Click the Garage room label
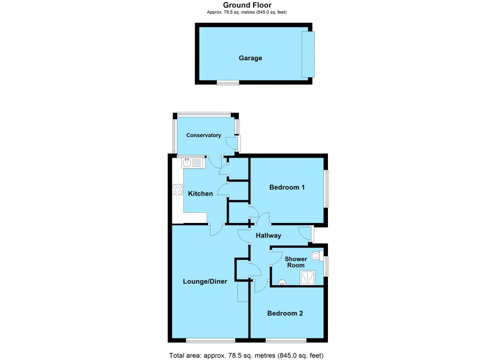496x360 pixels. tap(250, 58)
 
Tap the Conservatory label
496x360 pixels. tap(203, 136)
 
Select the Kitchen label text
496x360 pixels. tap(200, 194)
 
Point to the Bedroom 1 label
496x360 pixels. tap(286, 188)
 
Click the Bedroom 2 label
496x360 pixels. tap(285, 313)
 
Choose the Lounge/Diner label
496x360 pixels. tap(205, 282)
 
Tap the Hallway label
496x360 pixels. tap(268, 236)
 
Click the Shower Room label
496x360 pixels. tap(296, 262)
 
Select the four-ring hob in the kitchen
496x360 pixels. tap(177, 190)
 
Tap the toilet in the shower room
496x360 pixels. tap(316, 256)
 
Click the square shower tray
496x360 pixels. tap(307, 278)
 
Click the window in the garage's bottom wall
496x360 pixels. tap(228, 82)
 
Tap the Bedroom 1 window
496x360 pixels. tap(326, 188)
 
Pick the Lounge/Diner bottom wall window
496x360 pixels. tap(210, 339)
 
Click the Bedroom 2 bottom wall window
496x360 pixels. tap(286, 339)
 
